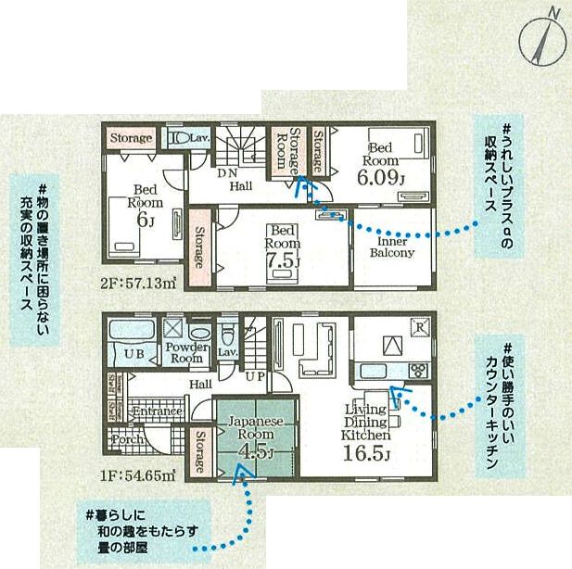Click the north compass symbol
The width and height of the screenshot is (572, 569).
tap(539, 36)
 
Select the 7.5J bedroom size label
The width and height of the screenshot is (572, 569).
tap(283, 248)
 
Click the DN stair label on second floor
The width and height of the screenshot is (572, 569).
tap(229, 173)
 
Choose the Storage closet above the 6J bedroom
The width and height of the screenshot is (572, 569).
tap(131, 138)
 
